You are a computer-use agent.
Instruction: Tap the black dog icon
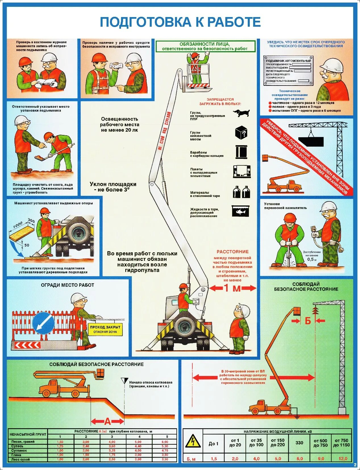point(241,113)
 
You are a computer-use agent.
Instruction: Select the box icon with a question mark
point(241,132)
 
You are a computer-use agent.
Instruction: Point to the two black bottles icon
point(241,192)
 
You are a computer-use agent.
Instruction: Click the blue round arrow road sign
point(43,323)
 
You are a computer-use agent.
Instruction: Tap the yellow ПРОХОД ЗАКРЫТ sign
point(105,329)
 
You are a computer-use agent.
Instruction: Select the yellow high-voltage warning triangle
point(193,441)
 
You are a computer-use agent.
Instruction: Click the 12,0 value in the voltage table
point(343,458)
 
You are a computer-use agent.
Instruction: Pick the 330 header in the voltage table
point(299,443)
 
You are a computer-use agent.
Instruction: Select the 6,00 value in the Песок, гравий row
point(165,442)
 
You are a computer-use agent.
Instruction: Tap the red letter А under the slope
point(107,421)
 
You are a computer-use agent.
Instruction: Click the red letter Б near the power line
point(308,321)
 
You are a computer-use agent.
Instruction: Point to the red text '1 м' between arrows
point(233,288)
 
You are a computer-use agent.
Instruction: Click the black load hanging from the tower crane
point(311,141)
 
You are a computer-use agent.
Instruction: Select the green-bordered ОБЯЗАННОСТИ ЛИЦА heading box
point(205,46)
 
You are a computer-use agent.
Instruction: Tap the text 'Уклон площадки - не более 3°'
point(113,187)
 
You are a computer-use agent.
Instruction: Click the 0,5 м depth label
point(312,259)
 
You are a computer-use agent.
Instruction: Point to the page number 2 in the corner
point(355,465)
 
